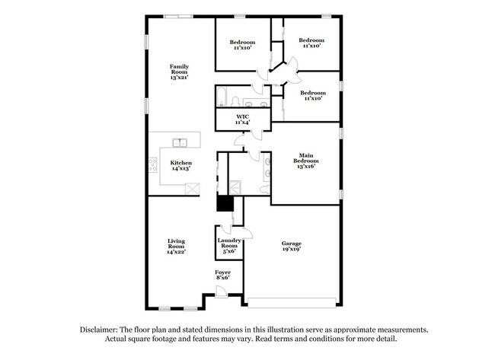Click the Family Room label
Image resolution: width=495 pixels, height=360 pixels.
click(179, 72)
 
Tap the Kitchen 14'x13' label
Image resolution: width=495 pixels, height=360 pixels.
click(181, 165)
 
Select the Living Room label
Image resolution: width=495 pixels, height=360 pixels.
click(176, 246)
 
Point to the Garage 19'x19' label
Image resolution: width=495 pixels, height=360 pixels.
click(292, 246)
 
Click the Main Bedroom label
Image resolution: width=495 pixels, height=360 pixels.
click(306, 161)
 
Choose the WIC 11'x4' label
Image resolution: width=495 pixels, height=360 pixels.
click(242, 119)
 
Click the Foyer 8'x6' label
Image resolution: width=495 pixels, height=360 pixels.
click(223, 275)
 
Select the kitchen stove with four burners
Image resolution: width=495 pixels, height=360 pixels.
click(153, 165)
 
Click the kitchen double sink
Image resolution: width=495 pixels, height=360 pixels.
click(180, 142)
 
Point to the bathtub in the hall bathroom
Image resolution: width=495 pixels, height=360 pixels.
click(222, 96)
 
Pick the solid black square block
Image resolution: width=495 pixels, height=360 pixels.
click(225, 203)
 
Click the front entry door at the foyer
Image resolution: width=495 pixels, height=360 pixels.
click(221, 292)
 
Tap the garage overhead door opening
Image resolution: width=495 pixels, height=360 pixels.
click(292, 303)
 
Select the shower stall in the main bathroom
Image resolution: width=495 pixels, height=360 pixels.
click(235, 187)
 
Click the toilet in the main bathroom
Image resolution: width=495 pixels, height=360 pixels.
click(265, 190)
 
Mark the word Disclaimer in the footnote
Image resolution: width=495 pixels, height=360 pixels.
click(99, 330)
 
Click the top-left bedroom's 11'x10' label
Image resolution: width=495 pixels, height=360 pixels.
click(242, 48)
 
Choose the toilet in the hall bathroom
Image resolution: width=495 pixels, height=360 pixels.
click(235, 101)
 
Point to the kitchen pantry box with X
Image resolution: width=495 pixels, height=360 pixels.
click(192, 188)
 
